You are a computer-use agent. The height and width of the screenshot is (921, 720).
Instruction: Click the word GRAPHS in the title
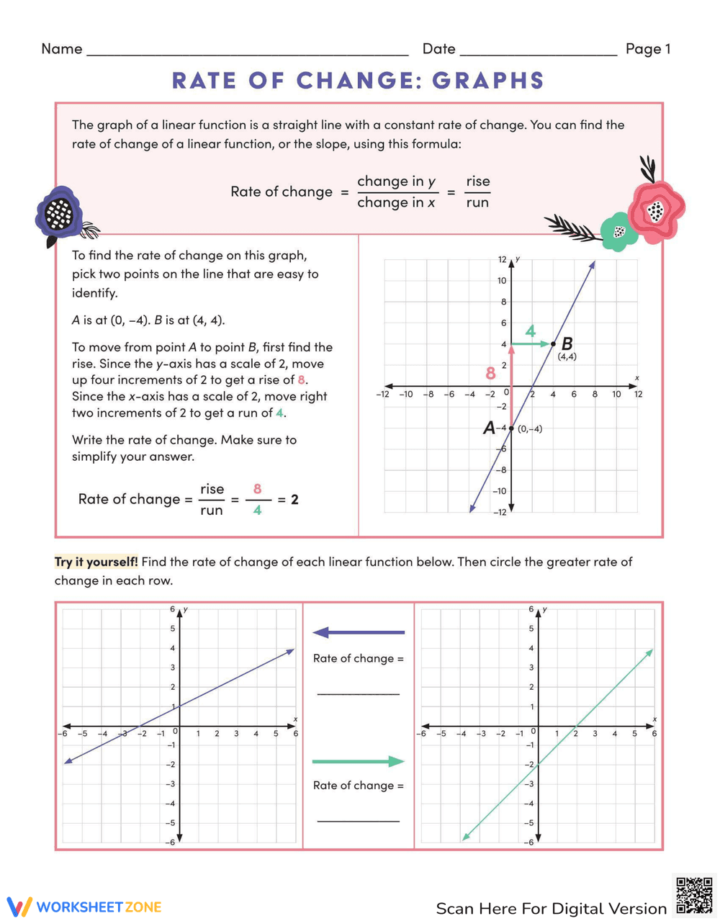tap(487, 81)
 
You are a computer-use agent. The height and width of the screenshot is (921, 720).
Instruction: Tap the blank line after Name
tap(246, 50)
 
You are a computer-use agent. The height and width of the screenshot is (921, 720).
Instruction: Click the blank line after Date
tap(538, 50)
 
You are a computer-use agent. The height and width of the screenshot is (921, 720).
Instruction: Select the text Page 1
tap(647, 49)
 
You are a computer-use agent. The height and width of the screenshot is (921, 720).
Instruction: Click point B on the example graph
tap(553, 343)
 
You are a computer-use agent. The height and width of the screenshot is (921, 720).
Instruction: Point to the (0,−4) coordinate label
tap(530, 429)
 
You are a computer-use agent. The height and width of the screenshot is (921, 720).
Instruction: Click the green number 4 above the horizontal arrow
tap(531, 332)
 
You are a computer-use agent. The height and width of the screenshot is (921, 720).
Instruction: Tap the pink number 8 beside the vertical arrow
tap(491, 373)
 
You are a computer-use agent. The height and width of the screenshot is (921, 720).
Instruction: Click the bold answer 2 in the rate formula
tap(294, 499)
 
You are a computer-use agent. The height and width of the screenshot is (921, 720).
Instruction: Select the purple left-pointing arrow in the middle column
tap(358, 632)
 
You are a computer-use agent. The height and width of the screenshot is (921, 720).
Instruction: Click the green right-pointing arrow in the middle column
tap(358, 761)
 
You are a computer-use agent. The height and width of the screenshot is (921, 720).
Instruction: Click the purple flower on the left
tap(60, 213)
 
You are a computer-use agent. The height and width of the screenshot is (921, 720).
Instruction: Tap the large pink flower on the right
tap(655, 210)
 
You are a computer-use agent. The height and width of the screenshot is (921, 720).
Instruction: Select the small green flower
tap(618, 232)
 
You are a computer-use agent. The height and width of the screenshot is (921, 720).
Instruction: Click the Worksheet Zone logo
tap(84, 907)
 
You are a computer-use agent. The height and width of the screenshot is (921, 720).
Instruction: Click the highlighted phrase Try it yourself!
tap(96, 562)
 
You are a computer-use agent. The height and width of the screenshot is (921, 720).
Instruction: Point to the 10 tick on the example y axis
tap(502, 281)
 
